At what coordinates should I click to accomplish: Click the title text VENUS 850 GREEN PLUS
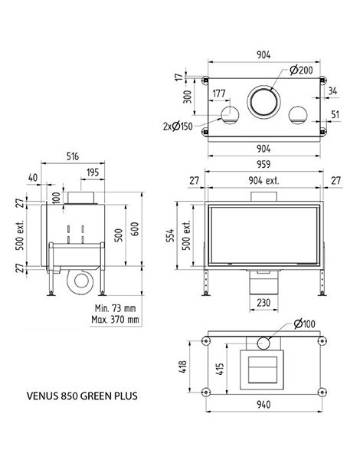tap(82, 396)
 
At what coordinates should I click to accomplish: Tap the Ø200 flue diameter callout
tap(301, 70)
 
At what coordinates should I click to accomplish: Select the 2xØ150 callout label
tap(178, 127)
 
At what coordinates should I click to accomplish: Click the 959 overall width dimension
tap(263, 164)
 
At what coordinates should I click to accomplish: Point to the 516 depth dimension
tap(73, 156)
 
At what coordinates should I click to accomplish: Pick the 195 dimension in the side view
tap(93, 172)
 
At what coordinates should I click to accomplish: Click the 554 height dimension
tap(170, 235)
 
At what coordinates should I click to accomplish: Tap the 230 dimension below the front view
tap(263, 303)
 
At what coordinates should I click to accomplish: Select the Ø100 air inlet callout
tap(304, 324)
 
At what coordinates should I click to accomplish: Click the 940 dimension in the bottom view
tap(263, 405)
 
